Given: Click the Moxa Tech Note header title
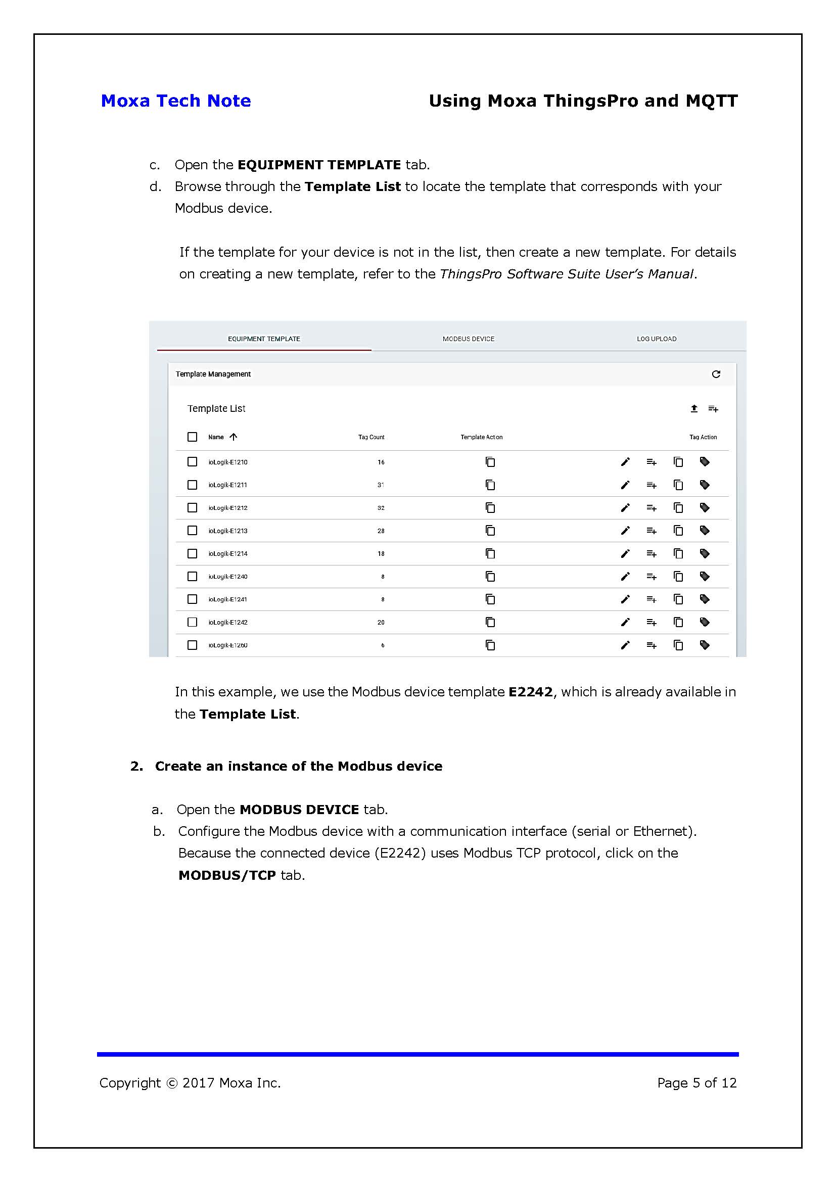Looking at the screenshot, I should pyautogui.click(x=175, y=101).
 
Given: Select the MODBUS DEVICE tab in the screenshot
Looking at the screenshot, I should pyautogui.click(x=468, y=339).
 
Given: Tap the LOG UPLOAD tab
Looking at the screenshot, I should pyautogui.click(x=657, y=339).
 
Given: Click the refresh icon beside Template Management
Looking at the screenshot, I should pyautogui.click(x=716, y=374).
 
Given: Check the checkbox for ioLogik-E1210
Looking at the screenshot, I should pyautogui.click(x=192, y=462).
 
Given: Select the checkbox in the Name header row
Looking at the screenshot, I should pyautogui.click(x=192, y=437).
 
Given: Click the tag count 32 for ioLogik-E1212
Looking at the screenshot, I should pyautogui.click(x=381, y=507).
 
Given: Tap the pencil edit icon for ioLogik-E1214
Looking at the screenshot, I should pyautogui.click(x=625, y=553).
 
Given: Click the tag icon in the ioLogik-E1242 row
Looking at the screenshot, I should pyautogui.click(x=705, y=622).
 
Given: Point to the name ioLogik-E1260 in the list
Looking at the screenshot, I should pyautogui.click(x=227, y=645).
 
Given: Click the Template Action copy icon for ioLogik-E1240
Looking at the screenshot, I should pyautogui.click(x=490, y=577).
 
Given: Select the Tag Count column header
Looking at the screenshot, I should pyautogui.click(x=371, y=437).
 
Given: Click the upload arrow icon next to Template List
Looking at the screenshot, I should pyautogui.click(x=694, y=409).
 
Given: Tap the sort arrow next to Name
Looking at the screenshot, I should pyautogui.click(x=233, y=437).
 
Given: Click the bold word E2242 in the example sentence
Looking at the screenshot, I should pyautogui.click(x=530, y=692).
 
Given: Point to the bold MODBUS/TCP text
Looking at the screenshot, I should pyautogui.click(x=227, y=875).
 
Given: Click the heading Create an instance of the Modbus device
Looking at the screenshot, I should pyautogui.click(x=299, y=766).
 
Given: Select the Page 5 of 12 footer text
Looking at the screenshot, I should pyautogui.click(x=696, y=1083).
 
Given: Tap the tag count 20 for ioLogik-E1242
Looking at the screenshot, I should pyautogui.click(x=381, y=622).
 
